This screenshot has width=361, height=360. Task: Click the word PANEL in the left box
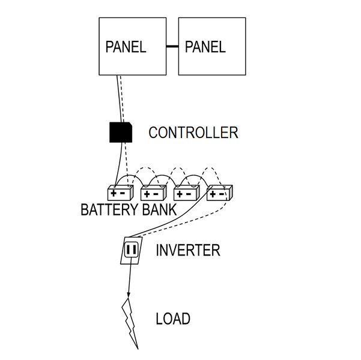pos(126,47)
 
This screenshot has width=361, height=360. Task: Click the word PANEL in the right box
pos(205,47)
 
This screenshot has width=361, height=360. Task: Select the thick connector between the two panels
pos(172,46)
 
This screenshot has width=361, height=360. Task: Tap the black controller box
pos(120,132)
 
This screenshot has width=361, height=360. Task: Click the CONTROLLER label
pos(193,133)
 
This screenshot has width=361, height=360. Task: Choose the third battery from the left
pos(186,193)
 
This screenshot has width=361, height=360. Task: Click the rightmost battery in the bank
pos(219,193)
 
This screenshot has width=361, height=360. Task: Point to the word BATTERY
pos(110,211)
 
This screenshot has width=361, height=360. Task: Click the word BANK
pos(159,211)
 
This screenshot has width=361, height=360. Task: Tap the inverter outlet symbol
pos(131,249)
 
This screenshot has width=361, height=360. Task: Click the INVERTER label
pos(187,250)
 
